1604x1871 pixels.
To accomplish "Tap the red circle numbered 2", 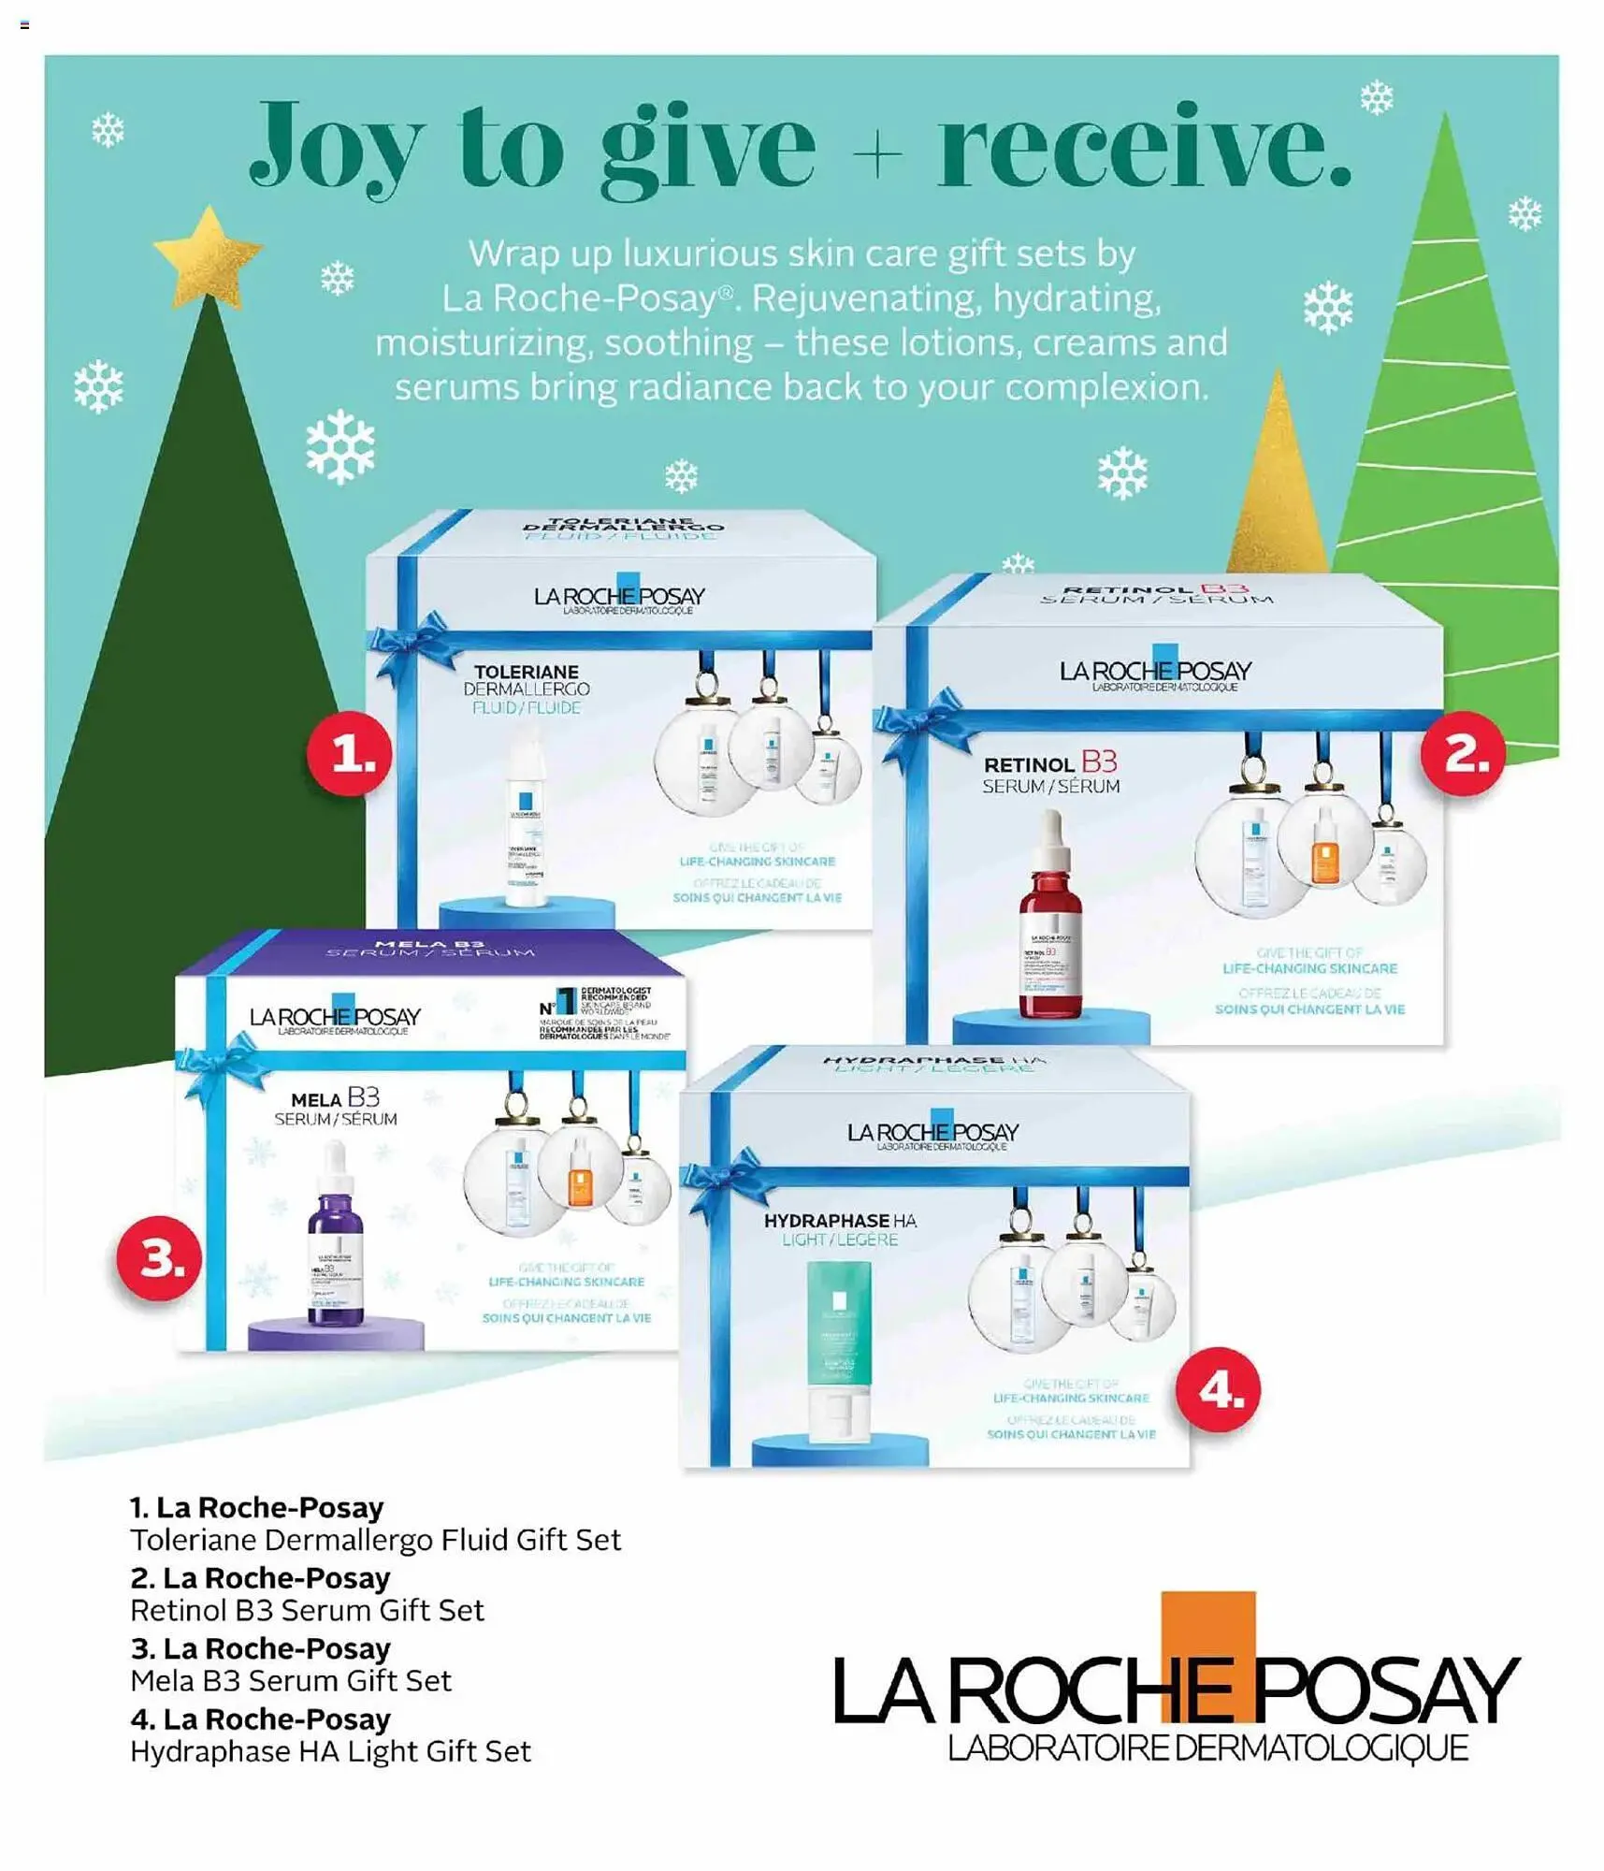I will click(x=1463, y=753).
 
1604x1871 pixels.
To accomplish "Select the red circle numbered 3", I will click(x=159, y=1258).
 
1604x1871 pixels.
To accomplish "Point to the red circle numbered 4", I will click(x=1218, y=1389).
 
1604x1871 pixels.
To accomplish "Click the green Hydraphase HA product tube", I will click(x=839, y=1347).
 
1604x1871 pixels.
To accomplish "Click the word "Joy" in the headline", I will click(x=337, y=148).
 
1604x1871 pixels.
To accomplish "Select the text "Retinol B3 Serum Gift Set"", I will click(x=307, y=1610).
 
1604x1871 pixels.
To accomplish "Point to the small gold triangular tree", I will click(x=1279, y=477).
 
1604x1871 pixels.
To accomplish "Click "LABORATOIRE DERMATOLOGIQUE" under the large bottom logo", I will click(x=1207, y=1748).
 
